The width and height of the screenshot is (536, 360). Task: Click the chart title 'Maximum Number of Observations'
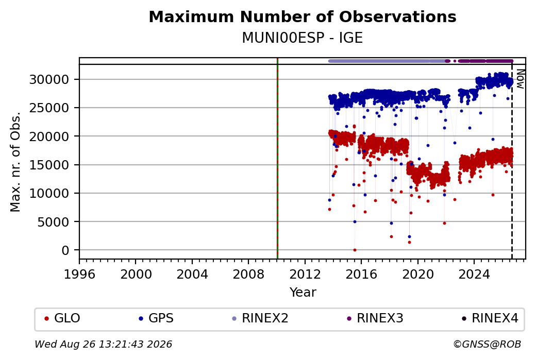303,16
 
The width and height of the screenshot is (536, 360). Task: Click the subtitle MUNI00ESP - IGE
303,38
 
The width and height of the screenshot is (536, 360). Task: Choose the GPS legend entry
156,318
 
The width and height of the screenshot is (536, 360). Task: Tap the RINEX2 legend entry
260,318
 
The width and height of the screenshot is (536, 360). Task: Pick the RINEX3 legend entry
375,318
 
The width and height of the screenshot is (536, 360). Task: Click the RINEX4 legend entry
490,318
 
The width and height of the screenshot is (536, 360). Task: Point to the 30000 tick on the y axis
49,80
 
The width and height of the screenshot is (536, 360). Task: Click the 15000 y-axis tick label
49,165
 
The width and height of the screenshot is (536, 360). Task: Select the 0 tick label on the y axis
65,250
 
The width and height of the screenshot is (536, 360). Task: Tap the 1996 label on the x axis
79,275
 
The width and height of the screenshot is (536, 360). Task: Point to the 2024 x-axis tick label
474,275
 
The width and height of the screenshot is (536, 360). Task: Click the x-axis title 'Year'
303,293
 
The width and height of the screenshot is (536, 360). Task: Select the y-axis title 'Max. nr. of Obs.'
15,162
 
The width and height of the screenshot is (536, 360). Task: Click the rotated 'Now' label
520,79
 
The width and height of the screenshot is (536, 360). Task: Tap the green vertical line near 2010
277,159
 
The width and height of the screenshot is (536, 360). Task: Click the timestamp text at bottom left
103,344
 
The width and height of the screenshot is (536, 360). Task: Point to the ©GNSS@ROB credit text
487,344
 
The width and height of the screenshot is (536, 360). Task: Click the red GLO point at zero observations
355,250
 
